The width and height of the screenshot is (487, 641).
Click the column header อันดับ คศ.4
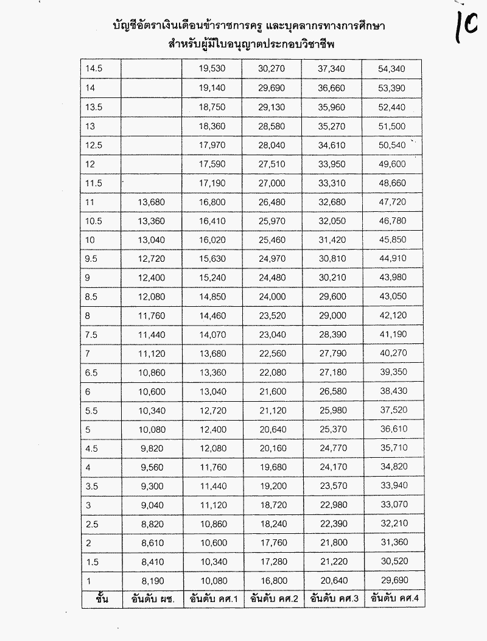tap(394, 598)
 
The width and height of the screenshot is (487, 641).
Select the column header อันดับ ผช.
tap(152, 598)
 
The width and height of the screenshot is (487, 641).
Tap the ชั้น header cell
tap(102, 598)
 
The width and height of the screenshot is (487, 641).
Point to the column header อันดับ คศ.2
tap(272, 598)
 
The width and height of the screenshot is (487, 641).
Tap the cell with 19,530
tap(212, 69)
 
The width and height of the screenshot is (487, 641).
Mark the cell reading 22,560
tap(272, 352)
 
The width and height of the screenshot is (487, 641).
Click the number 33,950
tap(331, 163)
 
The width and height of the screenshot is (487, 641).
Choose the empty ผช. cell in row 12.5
tap(152, 144)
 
